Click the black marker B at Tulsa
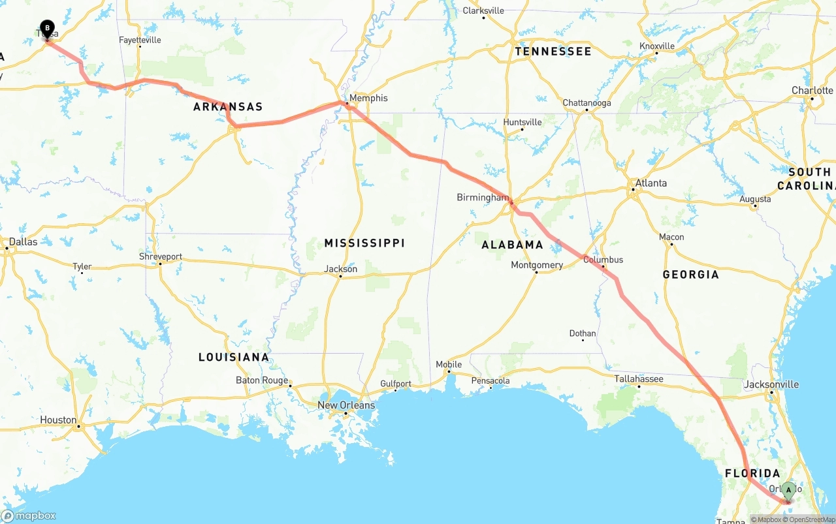pos(47,29)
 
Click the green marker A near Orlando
pos(788,490)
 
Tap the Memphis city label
pos(368,99)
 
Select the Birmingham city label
pos(483,197)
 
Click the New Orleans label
pos(346,405)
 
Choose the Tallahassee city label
pos(638,379)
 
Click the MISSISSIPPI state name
pos(364,243)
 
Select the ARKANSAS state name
pos(228,107)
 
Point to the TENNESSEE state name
pos(553,52)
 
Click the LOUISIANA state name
pos(234,357)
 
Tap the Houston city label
pos(58,420)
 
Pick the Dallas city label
pos(23,241)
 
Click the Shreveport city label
pos(161,256)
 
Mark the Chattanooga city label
pos(587,103)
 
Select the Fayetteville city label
pos(140,40)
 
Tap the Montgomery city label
pos(537,265)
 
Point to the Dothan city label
pos(583,333)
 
